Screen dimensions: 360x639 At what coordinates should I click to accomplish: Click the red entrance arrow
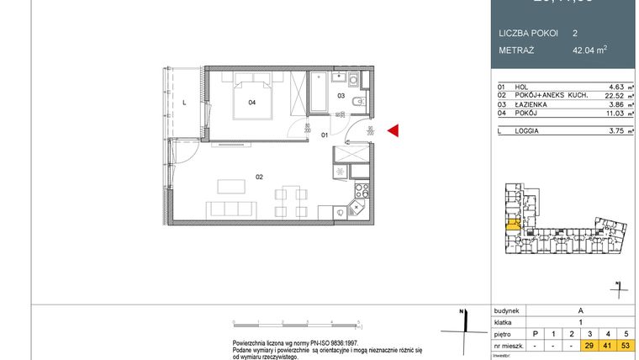pos(393,130)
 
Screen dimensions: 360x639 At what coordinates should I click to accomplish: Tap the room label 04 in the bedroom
pos(251,103)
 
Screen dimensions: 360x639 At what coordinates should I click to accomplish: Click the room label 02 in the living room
pos(260,177)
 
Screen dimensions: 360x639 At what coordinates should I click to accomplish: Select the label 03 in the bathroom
pos(341,96)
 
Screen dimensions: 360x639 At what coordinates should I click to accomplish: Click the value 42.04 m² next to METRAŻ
pos(589,49)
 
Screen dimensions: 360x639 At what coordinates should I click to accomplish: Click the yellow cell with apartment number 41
pos(607,346)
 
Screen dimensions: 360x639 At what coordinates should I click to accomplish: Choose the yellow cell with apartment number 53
pos(625,346)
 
